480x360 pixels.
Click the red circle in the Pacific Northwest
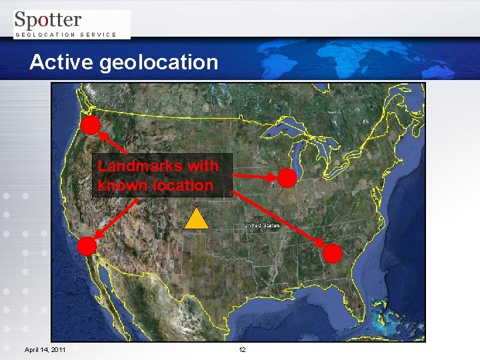pos(91,125)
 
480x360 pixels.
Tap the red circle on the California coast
pos(87,246)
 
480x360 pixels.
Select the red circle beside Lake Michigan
pos(287,178)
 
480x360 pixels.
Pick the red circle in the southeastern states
pos(333,253)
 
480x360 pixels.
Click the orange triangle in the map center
pos(197,220)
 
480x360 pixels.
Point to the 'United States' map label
pos(262,225)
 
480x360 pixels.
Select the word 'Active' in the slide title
pos(62,62)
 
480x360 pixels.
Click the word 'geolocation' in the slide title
pos(159,63)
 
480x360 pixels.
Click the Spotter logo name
pos(48,20)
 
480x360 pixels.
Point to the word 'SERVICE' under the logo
pos(98,34)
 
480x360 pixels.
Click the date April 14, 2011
pos(45,349)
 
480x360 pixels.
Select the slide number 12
pos(243,349)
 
